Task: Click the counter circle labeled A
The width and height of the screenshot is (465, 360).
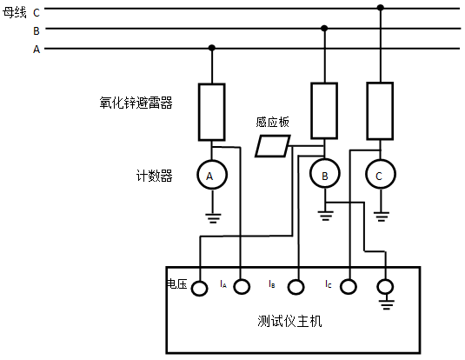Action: pos(209,176)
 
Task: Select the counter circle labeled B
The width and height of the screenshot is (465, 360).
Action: pos(324,177)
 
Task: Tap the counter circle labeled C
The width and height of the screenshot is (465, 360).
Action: pos(379,177)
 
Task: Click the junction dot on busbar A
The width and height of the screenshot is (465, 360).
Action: pos(211,49)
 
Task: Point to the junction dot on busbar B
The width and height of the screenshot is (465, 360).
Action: pos(324,28)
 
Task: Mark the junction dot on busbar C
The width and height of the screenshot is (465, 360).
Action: pos(380,8)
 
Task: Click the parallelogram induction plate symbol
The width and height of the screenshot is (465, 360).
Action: pos(272,145)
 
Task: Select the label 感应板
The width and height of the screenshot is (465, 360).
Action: pos(272,123)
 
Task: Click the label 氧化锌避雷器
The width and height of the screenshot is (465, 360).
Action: pos(136,103)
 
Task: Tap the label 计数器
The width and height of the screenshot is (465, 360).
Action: pos(155,177)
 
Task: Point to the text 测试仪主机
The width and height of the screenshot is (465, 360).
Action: pos(290,321)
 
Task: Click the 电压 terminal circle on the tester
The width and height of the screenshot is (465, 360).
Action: pos(200,287)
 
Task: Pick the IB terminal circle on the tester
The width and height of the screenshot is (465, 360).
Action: pos(296,286)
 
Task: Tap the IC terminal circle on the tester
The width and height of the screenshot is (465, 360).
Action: pos(349,286)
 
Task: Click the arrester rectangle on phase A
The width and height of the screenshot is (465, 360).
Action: pos(211,111)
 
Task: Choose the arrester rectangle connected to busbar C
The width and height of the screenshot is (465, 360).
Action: pos(380,110)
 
